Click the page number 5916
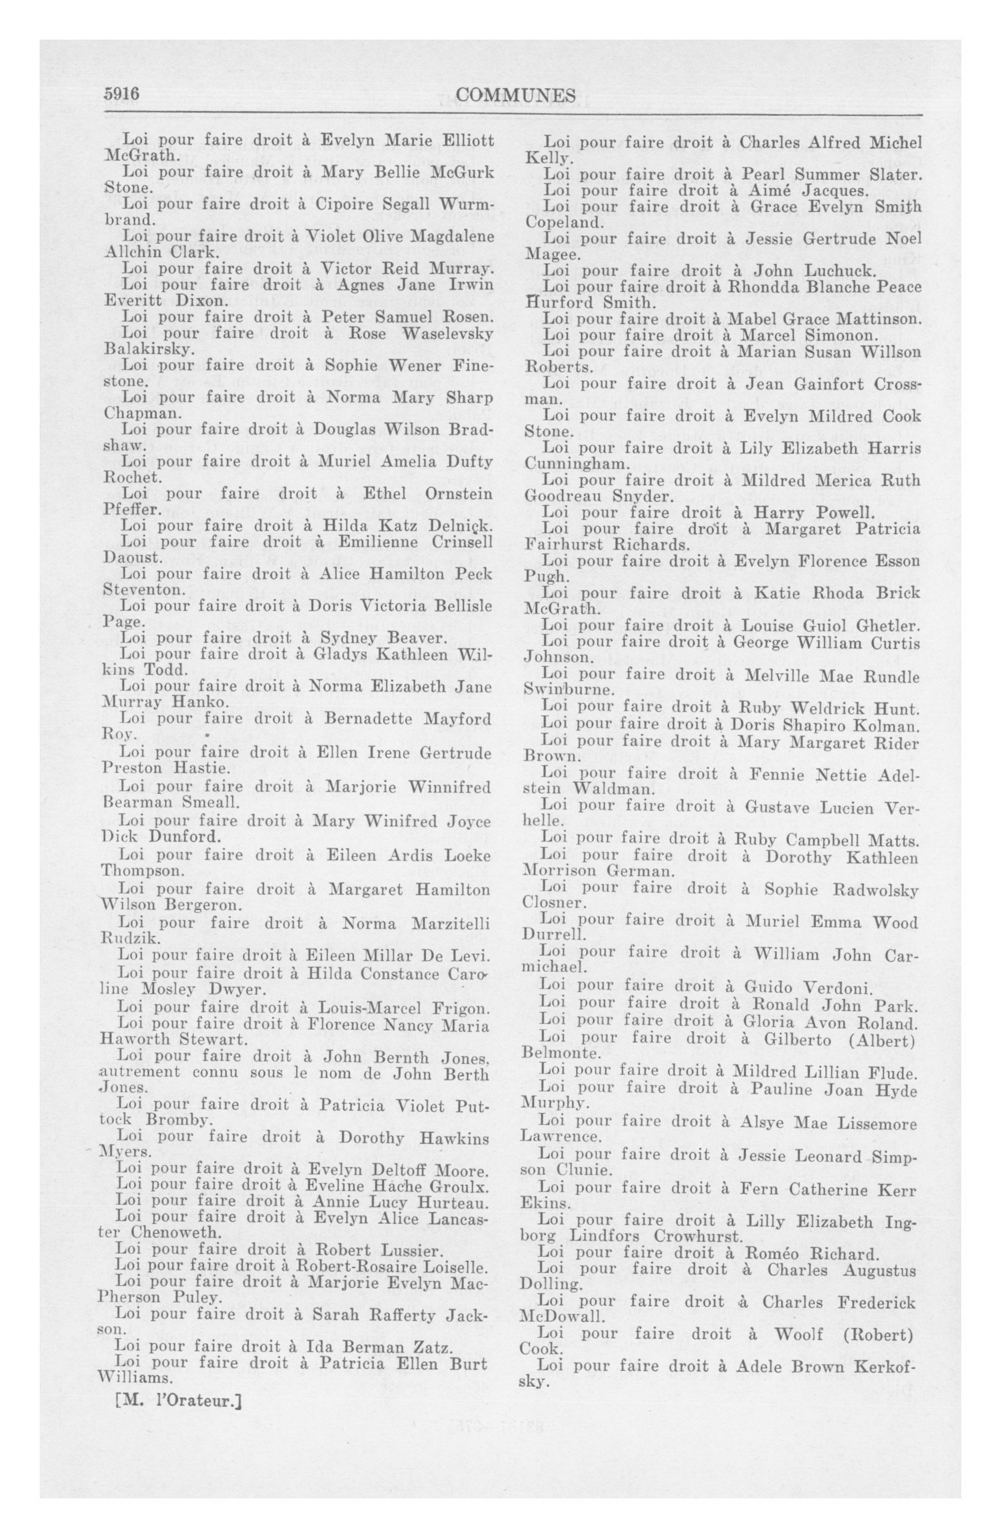coord(122,94)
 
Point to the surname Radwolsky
coord(876,891)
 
